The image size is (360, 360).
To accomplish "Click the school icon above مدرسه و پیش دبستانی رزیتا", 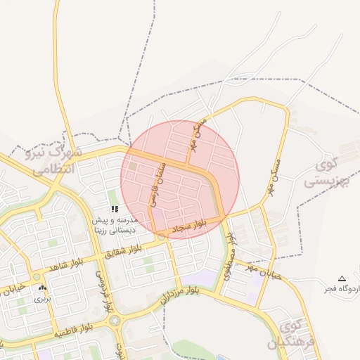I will tap(115, 209).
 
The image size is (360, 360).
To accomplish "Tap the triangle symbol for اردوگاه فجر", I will tap(342, 278).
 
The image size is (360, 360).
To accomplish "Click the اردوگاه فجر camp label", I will tap(341, 288).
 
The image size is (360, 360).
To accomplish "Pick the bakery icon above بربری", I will tap(43, 288).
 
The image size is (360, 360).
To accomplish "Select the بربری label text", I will tap(43, 299).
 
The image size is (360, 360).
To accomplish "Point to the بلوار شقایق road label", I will tap(131, 247).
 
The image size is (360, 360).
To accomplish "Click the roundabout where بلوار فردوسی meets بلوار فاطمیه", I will tap(115, 321).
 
